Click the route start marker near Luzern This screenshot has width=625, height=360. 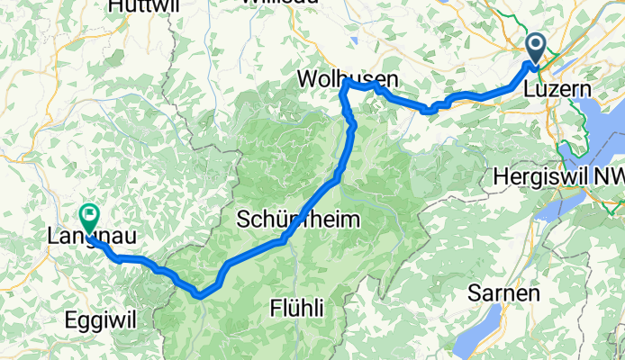[536, 48]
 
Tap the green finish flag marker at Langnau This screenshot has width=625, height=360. [89, 216]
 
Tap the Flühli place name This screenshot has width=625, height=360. [295, 309]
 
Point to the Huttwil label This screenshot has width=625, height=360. [140, 6]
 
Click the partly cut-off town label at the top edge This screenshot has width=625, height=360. [281, 4]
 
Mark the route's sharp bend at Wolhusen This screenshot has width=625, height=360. [346, 82]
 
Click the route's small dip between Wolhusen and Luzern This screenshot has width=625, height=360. [430, 110]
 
